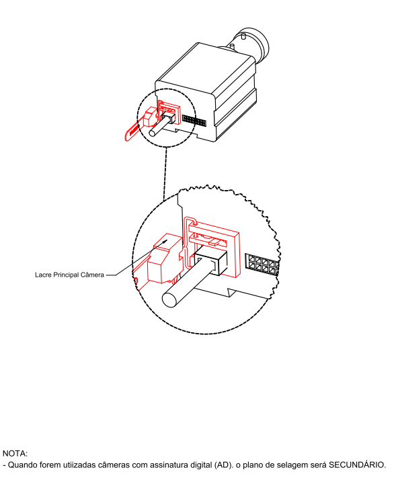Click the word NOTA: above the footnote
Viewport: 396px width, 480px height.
[x=15, y=453]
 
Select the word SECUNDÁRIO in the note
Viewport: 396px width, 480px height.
[x=356, y=465]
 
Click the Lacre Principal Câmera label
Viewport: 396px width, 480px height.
[x=69, y=275]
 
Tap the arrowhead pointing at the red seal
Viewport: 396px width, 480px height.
[x=165, y=241]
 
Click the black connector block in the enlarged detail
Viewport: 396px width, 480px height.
[x=211, y=262]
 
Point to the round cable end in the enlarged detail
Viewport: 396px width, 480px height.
[x=170, y=299]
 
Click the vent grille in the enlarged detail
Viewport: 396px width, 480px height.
[x=262, y=264]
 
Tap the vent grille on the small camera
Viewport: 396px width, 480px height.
[x=194, y=120]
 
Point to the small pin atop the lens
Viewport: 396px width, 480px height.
[x=243, y=36]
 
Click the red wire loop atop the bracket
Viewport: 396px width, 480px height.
[x=191, y=221]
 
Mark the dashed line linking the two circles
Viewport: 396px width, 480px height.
[x=165, y=174]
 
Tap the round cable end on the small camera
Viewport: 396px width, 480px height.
[x=153, y=132]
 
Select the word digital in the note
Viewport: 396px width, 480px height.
[x=200, y=465]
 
